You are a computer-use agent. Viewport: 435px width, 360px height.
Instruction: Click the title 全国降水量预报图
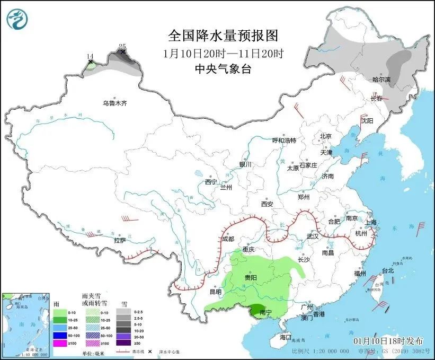pyautogui.click(x=223, y=36)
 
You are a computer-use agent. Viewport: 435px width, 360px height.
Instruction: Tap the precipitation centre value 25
pyautogui.click(x=122, y=47)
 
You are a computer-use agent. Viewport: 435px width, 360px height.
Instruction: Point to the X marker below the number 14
pyautogui.click(x=90, y=63)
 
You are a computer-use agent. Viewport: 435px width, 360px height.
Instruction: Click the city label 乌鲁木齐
pyautogui.click(x=115, y=103)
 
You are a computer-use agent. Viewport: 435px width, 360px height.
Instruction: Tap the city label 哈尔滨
pyautogui.click(x=381, y=80)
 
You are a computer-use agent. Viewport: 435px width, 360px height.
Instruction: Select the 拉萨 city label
pyautogui.click(x=120, y=240)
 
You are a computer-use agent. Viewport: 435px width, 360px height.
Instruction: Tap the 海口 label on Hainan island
pyautogui.click(x=286, y=337)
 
